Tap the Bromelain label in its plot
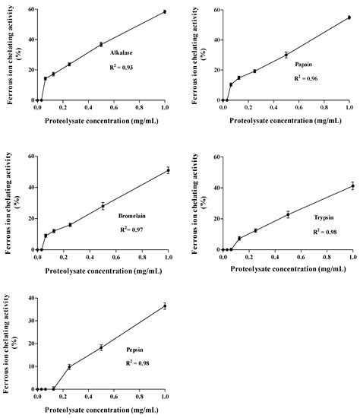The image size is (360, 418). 133,216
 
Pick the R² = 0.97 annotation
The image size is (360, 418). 133,230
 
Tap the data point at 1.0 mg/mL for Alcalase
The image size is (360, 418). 165,12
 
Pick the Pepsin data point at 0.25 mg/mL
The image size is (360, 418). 70,366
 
